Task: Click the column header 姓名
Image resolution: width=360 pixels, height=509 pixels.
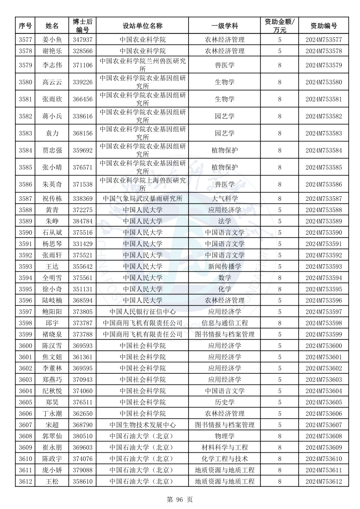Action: pos(53,26)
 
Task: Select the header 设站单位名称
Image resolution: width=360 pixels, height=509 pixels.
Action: pos(143,26)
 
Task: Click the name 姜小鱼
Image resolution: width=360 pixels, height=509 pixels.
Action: pos(53,40)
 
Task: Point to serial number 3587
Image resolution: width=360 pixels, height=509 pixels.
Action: pos(26,199)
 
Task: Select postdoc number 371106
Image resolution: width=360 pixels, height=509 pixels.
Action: pos(83,65)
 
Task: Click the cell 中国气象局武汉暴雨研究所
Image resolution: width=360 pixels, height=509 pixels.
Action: pos(143,199)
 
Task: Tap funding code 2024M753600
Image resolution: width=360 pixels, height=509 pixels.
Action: pos(323,346)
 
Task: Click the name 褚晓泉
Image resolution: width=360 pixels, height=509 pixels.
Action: pos(53,334)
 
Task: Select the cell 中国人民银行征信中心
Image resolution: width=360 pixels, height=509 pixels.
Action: pos(143,312)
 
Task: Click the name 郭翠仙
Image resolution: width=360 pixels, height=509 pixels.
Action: pos(53,436)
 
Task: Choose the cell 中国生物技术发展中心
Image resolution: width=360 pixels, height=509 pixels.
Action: pos(143,425)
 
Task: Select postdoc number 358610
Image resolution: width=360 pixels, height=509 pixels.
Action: pos(83,482)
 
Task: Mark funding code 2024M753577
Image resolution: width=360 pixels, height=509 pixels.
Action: pos(323,40)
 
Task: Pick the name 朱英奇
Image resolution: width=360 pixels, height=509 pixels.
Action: pos(53,184)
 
